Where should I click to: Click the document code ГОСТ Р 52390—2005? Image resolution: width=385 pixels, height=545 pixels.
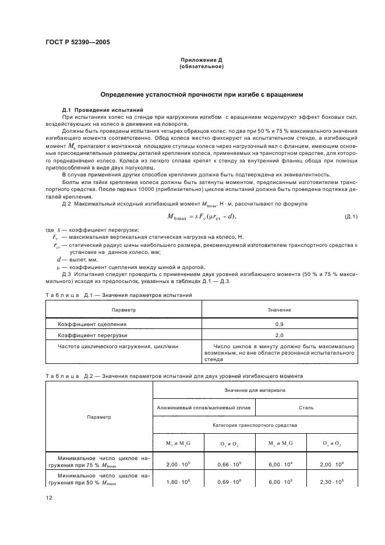tap(77, 43)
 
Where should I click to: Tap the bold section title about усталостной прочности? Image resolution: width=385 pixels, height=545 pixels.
tap(201, 94)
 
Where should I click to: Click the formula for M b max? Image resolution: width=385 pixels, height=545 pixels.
tap(219, 217)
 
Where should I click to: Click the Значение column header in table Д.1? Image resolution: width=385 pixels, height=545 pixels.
tap(279, 310)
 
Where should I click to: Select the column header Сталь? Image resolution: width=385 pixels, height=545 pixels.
tap(306, 408)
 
